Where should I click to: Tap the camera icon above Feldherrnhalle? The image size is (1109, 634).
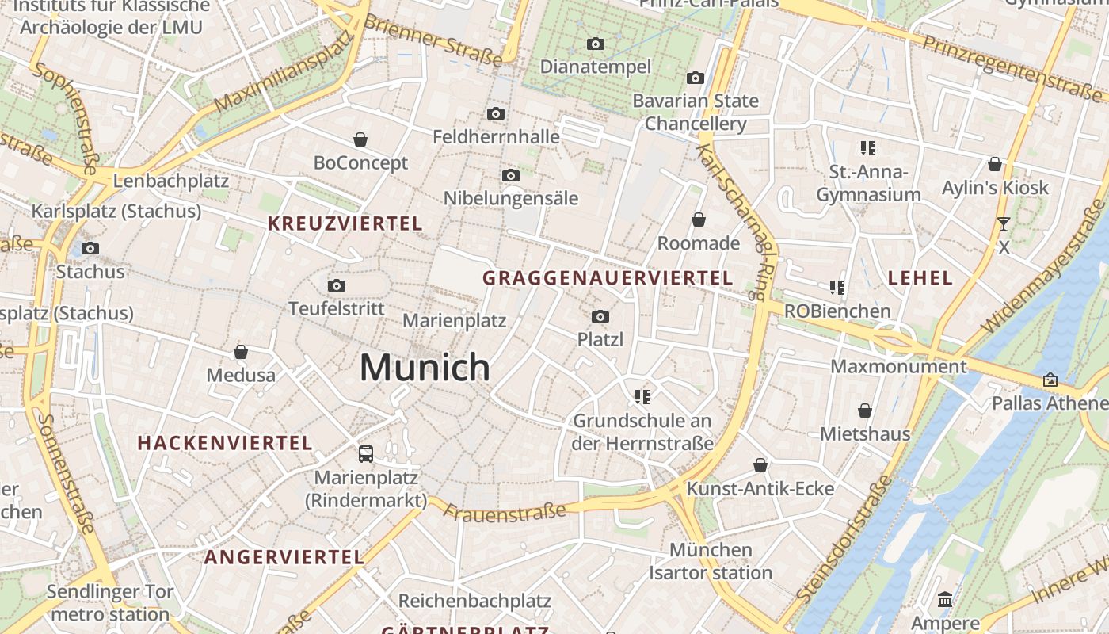[496, 114]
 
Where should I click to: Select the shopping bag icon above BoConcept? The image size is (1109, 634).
[360, 140]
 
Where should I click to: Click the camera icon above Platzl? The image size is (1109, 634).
[600, 317]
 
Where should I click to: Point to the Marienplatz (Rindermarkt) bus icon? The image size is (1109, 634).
[365, 454]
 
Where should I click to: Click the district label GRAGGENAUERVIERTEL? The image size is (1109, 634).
[608, 278]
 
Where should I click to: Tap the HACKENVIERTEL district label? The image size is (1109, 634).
[225, 443]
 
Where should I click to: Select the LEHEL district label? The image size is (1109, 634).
[920, 278]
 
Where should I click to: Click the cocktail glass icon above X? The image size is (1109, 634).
[1004, 224]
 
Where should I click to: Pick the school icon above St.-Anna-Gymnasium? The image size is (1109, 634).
[868, 148]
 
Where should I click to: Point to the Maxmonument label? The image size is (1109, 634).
[898, 367]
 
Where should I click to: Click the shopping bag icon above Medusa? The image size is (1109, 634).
[241, 352]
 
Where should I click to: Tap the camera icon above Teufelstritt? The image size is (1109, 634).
[337, 285]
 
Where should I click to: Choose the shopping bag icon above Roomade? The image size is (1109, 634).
[699, 220]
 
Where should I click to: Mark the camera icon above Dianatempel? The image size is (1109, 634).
[595, 44]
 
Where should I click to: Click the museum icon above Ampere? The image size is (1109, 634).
[945, 599]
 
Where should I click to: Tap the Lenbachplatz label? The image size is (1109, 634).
[171, 181]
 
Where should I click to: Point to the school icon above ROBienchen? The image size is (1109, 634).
[837, 287]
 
